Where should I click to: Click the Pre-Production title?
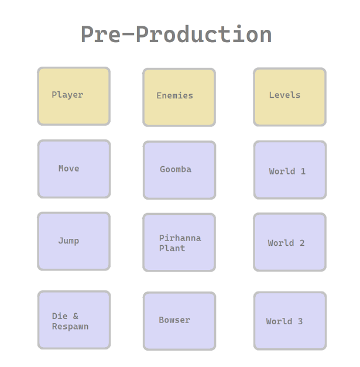pos(176,35)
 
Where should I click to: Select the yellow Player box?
pos(74,96)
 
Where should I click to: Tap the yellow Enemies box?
pos(179,97)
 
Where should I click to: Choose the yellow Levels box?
pos(290,97)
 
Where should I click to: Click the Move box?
pos(74,169)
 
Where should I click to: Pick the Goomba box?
pos(179,170)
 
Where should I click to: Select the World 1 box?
pos(290,170)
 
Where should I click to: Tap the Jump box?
pos(74,241)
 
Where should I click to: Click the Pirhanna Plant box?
pos(179,242)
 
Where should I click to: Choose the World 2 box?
pos(290,242)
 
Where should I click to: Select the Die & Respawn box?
pos(74,320)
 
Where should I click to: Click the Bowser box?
pos(179,321)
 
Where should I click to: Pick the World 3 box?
pos(290,321)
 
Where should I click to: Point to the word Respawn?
pos(70,327)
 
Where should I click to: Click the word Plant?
pos(172,248)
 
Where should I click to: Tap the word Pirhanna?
pos(180,238)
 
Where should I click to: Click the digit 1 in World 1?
pos(303,172)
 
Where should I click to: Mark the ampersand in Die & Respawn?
pos(76,316)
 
